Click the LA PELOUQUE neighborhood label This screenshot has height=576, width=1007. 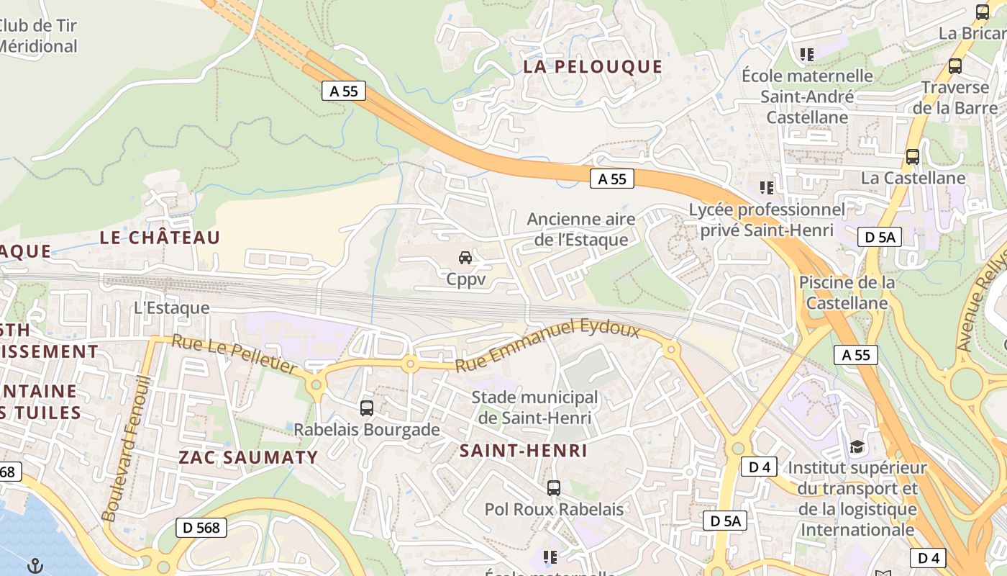[x=592, y=67]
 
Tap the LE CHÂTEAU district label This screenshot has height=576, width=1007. [x=160, y=238]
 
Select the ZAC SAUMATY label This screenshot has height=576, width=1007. [x=248, y=457]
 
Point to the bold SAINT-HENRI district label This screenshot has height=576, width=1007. [x=524, y=451]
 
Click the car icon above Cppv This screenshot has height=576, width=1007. [x=465, y=258]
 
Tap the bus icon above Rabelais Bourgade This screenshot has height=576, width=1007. [x=366, y=408]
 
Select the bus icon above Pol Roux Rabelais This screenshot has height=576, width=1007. [x=553, y=488]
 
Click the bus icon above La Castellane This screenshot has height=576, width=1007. [x=912, y=156]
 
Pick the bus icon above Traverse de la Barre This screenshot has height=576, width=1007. [x=954, y=66]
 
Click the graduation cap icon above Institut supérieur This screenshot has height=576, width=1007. [x=856, y=447]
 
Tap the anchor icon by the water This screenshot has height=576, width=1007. [x=35, y=567]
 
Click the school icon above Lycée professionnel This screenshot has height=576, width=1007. [x=767, y=188]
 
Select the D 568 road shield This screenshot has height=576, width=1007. [x=201, y=527]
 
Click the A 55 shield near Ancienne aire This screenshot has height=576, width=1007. [x=612, y=179]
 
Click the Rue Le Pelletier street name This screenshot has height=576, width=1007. [x=234, y=354]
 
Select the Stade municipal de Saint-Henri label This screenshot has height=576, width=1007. [x=534, y=408]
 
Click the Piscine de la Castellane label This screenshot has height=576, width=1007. [x=847, y=292]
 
